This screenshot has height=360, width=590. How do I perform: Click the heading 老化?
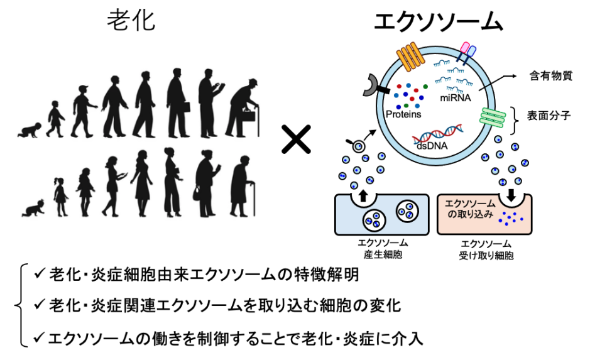(x=131, y=20)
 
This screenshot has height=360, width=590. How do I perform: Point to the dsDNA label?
(x=430, y=145)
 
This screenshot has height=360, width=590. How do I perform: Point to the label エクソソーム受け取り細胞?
(x=485, y=248)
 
